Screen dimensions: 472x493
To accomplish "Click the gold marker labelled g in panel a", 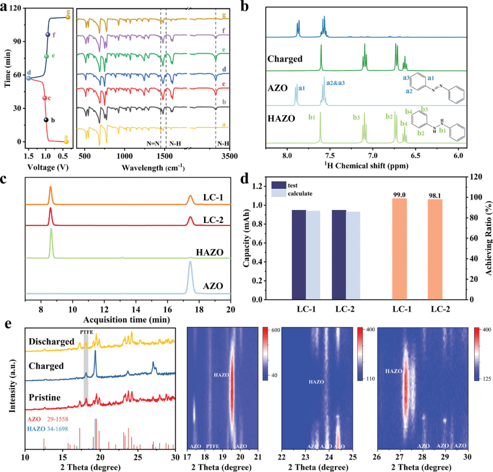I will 68,17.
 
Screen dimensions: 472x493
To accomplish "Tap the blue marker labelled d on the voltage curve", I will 28,78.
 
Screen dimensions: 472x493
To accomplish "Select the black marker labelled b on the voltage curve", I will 46,120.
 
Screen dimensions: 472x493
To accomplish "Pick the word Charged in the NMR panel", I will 285,59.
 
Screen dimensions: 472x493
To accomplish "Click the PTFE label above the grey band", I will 86,332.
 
